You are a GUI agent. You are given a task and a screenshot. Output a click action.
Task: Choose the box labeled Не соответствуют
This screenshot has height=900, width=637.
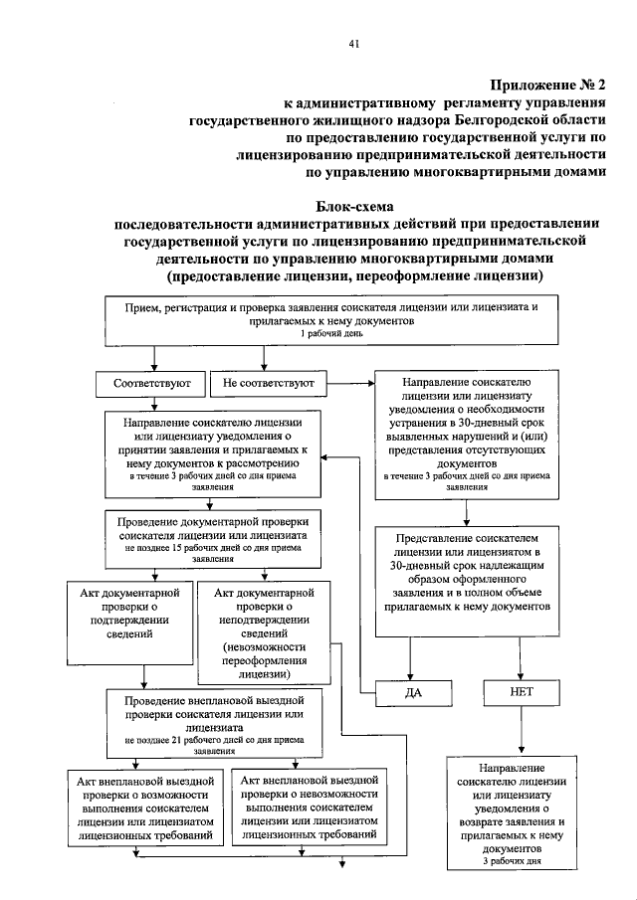pos(269,383)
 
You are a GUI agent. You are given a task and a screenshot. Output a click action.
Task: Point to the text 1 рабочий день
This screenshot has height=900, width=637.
pos(332,335)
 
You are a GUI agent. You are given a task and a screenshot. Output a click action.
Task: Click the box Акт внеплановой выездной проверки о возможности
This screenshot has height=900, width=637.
pos(143,808)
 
